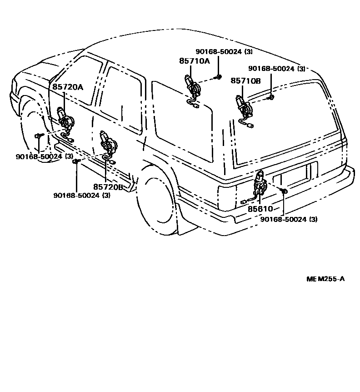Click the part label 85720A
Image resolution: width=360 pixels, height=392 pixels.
[x=68, y=87]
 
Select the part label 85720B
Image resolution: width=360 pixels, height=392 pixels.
[x=108, y=186]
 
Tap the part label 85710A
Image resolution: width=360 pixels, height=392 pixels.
[x=194, y=60]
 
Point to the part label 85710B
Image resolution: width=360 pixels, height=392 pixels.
[x=245, y=80]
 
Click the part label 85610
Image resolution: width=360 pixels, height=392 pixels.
[x=260, y=209]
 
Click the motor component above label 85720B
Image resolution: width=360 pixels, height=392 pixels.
[x=107, y=141]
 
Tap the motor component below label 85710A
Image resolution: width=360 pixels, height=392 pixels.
[x=191, y=85]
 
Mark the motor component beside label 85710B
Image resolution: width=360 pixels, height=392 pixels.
[x=243, y=107]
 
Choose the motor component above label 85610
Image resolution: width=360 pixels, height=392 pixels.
[x=260, y=183]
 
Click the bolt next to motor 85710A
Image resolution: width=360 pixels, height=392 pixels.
[x=219, y=77]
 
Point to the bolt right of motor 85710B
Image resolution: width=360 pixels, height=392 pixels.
[x=271, y=97]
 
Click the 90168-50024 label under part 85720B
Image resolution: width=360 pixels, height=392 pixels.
[x=82, y=196]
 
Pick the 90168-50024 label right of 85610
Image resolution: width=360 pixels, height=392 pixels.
[x=289, y=219]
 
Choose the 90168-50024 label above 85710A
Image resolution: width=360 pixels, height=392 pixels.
[x=224, y=52]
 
